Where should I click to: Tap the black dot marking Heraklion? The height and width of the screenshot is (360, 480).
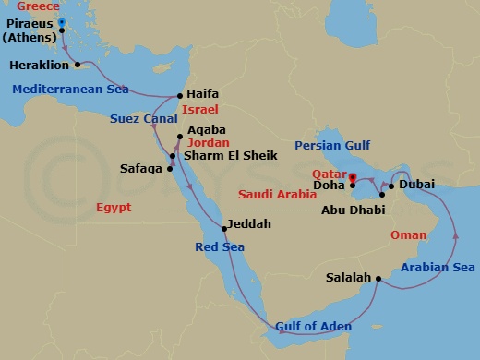(x=78, y=65)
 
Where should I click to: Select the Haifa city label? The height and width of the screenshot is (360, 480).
(x=201, y=94)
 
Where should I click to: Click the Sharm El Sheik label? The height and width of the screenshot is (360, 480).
(x=222, y=155)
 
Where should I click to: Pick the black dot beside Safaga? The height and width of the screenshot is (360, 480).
(x=171, y=168)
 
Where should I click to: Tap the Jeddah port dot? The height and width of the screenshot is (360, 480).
(x=223, y=228)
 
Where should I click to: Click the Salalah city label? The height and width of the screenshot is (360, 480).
(x=348, y=277)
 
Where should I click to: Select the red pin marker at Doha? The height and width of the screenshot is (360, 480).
(x=352, y=175)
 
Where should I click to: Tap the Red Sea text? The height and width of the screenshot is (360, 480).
(x=221, y=246)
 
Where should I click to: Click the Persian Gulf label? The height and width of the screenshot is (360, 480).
(x=334, y=146)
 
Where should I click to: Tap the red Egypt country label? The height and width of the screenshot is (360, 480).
(x=114, y=208)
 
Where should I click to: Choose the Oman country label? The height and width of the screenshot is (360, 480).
(x=410, y=234)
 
